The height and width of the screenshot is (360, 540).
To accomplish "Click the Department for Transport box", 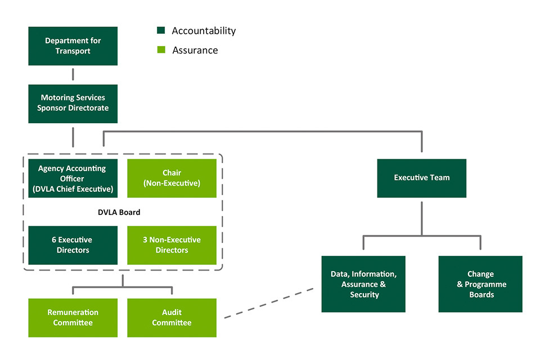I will click(x=73, y=46).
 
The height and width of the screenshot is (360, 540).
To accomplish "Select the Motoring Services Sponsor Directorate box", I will click(x=73, y=103).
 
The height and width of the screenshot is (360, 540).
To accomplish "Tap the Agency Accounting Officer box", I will click(x=73, y=178).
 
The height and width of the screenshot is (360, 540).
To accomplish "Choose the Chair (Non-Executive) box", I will click(x=172, y=178).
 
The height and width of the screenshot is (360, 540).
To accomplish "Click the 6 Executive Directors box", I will click(x=73, y=245).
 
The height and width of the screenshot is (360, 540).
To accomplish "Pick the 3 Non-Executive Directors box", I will click(x=172, y=245).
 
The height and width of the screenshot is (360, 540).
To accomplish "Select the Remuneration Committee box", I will click(x=73, y=317).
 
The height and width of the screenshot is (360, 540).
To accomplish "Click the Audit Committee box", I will click(x=172, y=317).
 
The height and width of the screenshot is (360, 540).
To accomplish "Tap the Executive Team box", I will click(x=421, y=178).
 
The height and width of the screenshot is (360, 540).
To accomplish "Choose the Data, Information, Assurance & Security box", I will click(x=364, y=284).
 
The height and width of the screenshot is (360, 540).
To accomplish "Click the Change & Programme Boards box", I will click(x=480, y=284).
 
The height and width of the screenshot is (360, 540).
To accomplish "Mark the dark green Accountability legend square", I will click(x=161, y=31).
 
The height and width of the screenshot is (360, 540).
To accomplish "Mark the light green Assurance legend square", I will click(x=161, y=50).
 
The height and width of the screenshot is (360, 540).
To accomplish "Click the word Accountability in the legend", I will click(x=204, y=31).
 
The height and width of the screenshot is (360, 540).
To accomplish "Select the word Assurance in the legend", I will click(x=195, y=50).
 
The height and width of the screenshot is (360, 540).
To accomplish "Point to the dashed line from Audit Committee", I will click(x=269, y=304).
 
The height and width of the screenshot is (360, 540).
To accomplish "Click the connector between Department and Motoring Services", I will click(x=73, y=75).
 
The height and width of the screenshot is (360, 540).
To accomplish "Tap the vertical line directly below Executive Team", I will click(x=421, y=217).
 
